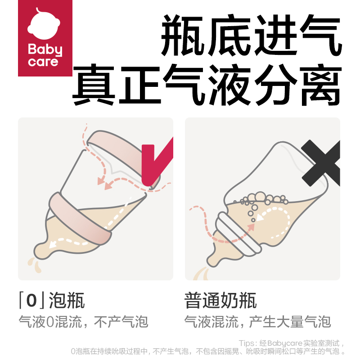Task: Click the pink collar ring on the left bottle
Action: click(x=81, y=218)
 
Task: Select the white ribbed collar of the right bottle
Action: click(x=238, y=234)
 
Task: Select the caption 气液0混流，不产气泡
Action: click(x=83, y=322)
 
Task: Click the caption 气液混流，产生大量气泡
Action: click(x=257, y=322)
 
